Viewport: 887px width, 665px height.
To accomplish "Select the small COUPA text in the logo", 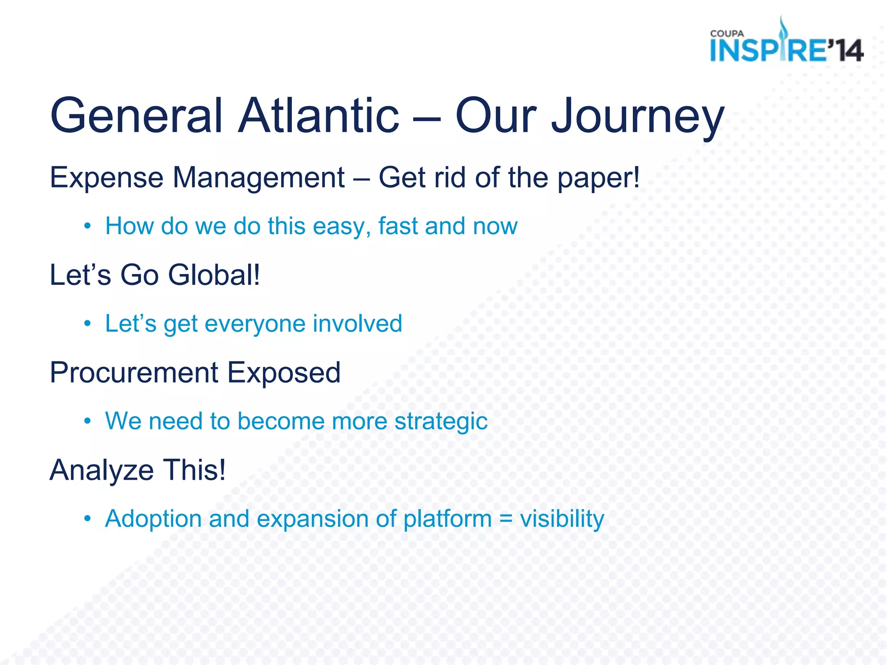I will pyautogui.click(x=727, y=34).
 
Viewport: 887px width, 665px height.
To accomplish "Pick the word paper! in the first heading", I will pyautogui.click(x=598, y=178).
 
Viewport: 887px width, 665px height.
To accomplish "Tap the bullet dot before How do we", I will pyautogui.click(x=88, y=226).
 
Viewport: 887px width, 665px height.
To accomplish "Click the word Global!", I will pyautogui.click(x=214, y=275).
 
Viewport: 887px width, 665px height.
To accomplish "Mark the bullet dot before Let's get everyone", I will pyautogui.click(x=88, y=324).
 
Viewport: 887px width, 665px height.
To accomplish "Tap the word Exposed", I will pyautogui.click(x=284, y=373).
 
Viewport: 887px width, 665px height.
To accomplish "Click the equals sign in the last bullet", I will pyautogui.click(x=505, y=519).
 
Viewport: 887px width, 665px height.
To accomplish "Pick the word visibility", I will pyautogui.click(x=562, y=519).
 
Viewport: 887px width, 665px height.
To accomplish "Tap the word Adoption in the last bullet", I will pyautogui.click(x=153, y=519).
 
